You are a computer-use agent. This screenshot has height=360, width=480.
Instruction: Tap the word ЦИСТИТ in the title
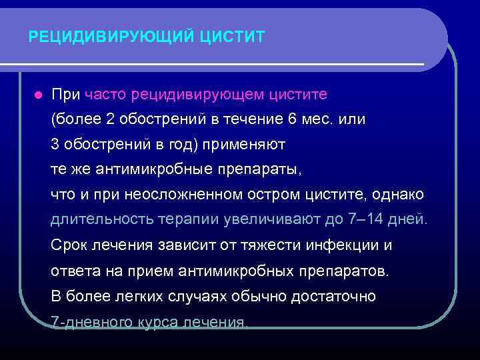(231, 36)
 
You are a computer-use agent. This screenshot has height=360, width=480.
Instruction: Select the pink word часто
(105, 94)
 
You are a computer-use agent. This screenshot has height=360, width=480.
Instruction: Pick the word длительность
(101, 219)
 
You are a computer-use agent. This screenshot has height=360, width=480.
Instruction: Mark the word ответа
(72, 270)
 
